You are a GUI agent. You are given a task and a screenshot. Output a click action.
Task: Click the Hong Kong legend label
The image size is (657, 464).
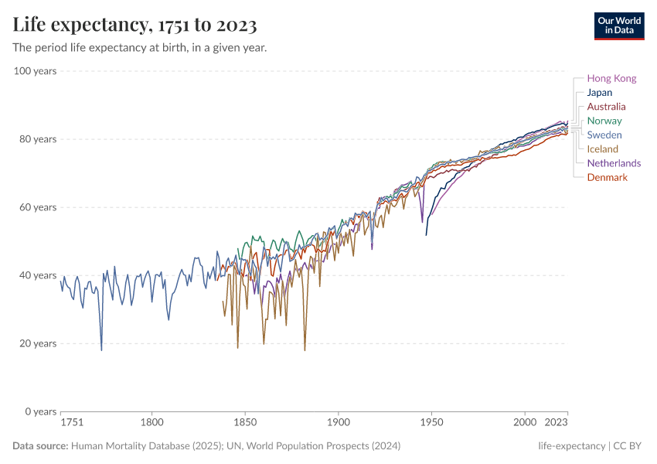point(611,78)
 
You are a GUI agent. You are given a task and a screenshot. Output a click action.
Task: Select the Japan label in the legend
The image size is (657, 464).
point(599,93)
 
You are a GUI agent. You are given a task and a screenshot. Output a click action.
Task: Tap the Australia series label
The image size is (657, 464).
point(606,107)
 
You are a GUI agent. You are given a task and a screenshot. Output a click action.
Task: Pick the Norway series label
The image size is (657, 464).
point(604,121)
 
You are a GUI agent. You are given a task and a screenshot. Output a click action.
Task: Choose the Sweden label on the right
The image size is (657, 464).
point(604,135)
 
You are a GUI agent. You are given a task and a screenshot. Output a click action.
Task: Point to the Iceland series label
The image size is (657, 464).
point(602,149)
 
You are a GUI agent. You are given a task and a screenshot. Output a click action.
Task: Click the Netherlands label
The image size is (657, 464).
point(614,163)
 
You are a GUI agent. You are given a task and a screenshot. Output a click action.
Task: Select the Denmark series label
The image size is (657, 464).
point(607,178)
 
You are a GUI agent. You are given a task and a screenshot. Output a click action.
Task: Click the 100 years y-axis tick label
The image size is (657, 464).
point(36,71)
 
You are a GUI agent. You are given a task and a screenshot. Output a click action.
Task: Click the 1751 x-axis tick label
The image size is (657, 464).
point(71,423)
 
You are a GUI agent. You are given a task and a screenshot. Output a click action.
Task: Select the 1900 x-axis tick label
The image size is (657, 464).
point(338,423)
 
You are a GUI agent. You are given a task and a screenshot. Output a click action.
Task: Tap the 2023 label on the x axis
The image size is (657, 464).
point(555,423)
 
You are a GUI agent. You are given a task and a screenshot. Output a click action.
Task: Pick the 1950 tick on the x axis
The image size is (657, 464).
point(431,423)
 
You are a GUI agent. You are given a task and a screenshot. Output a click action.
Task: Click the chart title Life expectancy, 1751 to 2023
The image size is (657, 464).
point(134,26)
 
